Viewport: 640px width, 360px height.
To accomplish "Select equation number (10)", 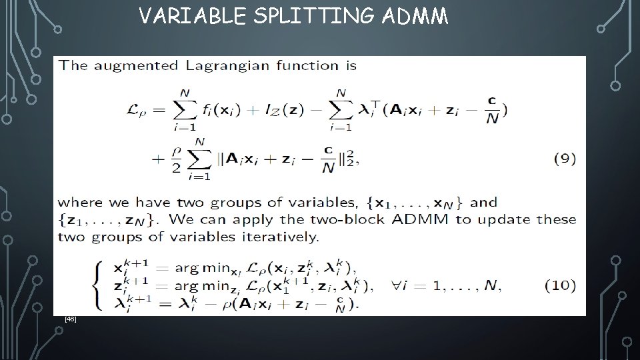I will [x=560, y=285].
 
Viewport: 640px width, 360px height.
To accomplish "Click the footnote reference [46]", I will [x=71, y=320].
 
